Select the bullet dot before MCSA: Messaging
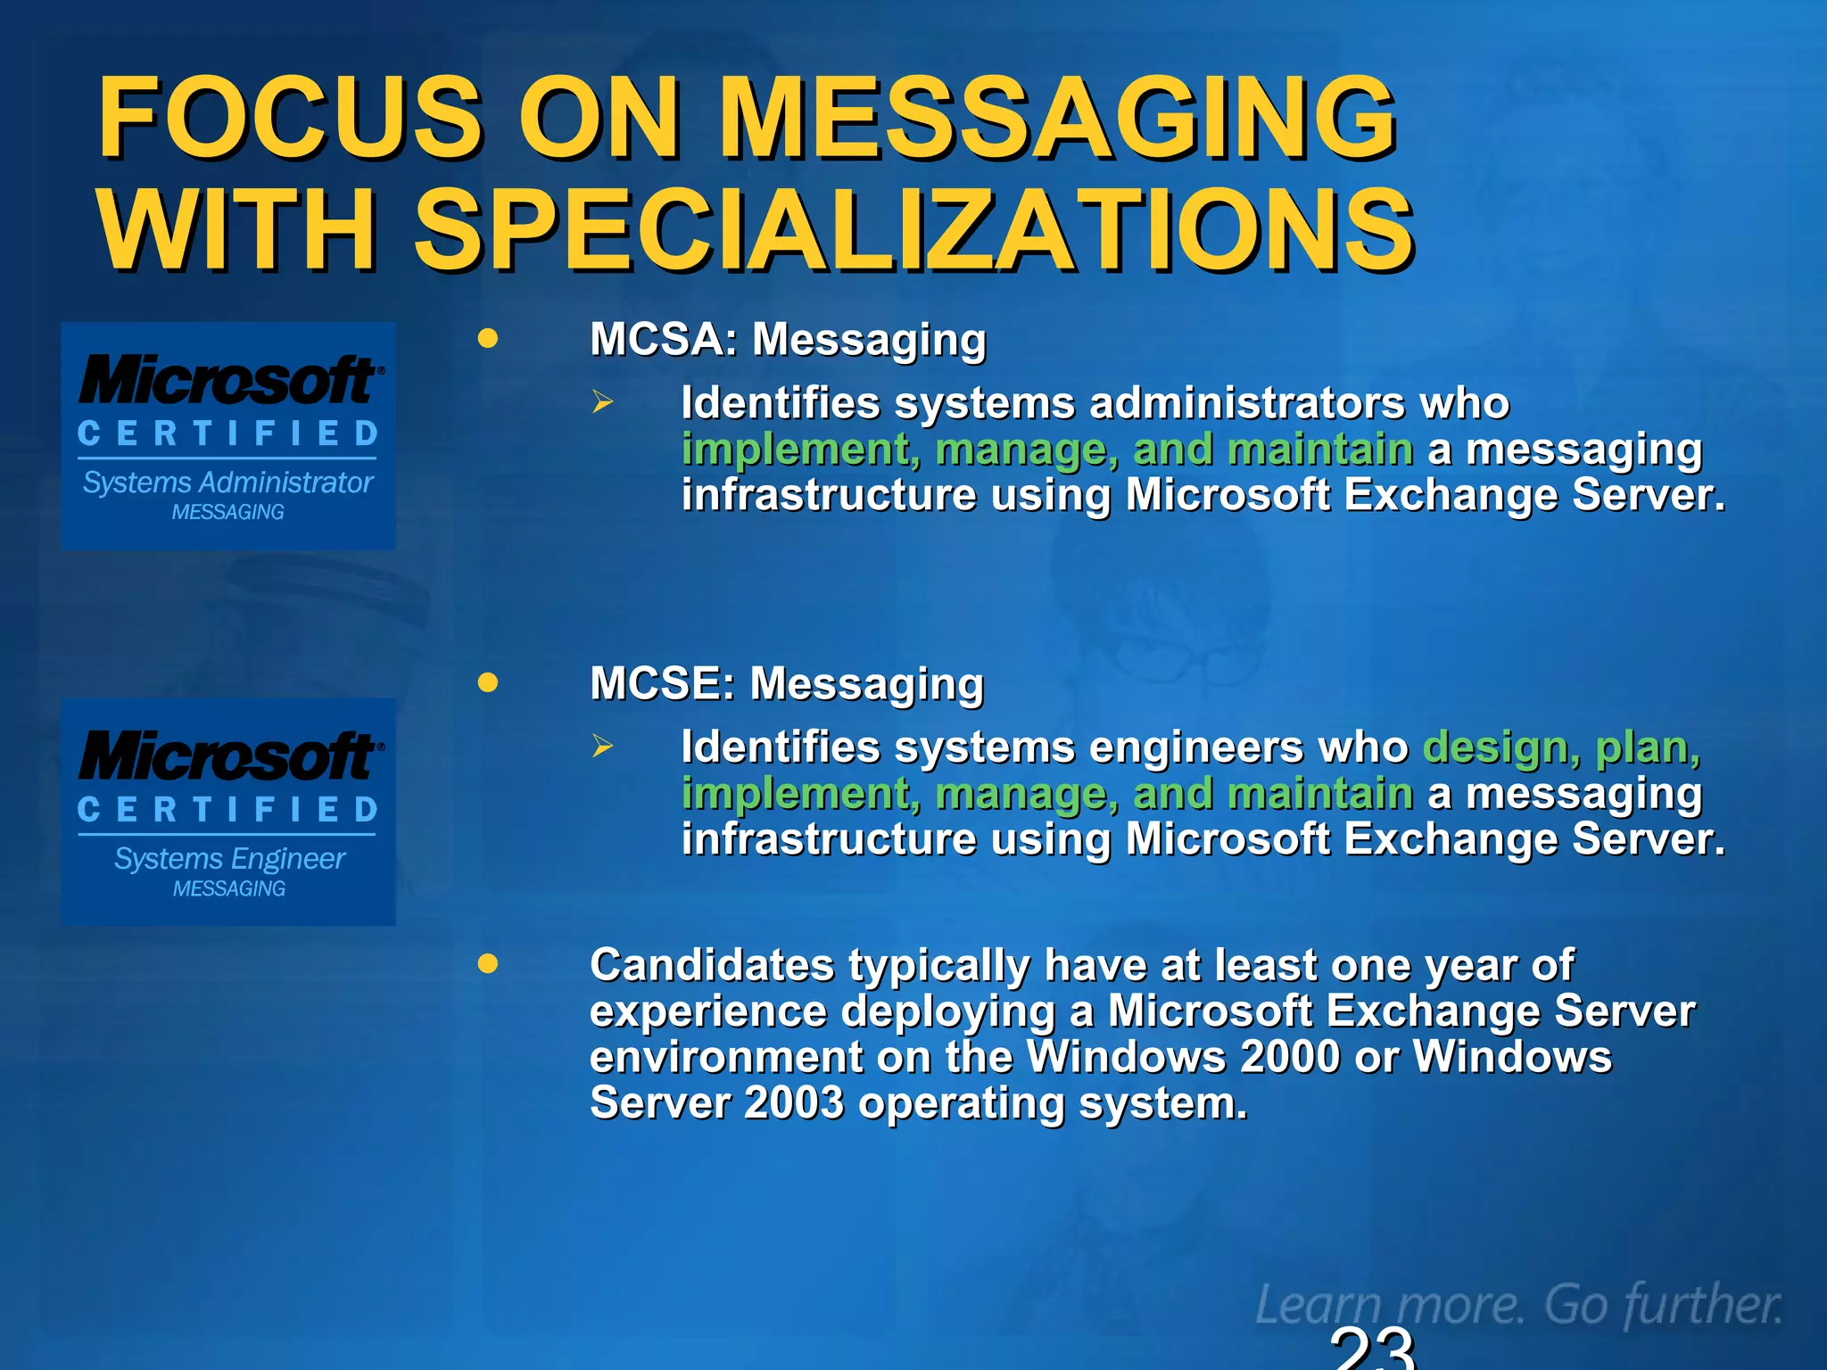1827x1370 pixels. [487, 339]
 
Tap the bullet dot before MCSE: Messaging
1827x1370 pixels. [487, 682]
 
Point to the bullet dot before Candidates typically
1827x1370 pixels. [487, 964]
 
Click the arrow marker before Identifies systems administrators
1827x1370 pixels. [603, 403]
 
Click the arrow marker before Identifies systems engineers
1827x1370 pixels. [603, 747]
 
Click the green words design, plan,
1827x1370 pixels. [1561, 747]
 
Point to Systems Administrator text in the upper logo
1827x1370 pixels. [227, 483]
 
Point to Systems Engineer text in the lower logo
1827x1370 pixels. [229, 859]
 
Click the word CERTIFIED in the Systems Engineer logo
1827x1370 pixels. [227, 810]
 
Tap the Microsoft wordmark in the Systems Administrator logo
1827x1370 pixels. [229, 381]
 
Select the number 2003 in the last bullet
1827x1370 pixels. [793, 1103]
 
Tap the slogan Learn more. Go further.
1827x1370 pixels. [1518, 1305]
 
